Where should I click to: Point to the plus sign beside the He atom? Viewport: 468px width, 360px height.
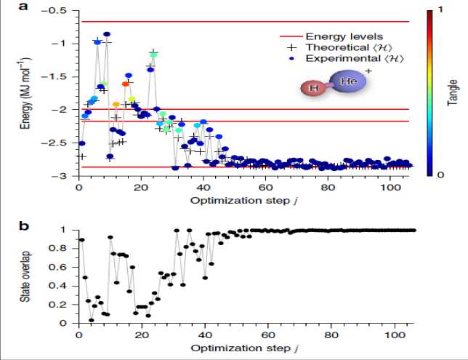(x=368, y=71)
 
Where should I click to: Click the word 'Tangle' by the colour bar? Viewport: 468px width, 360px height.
(x=451, y=93)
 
